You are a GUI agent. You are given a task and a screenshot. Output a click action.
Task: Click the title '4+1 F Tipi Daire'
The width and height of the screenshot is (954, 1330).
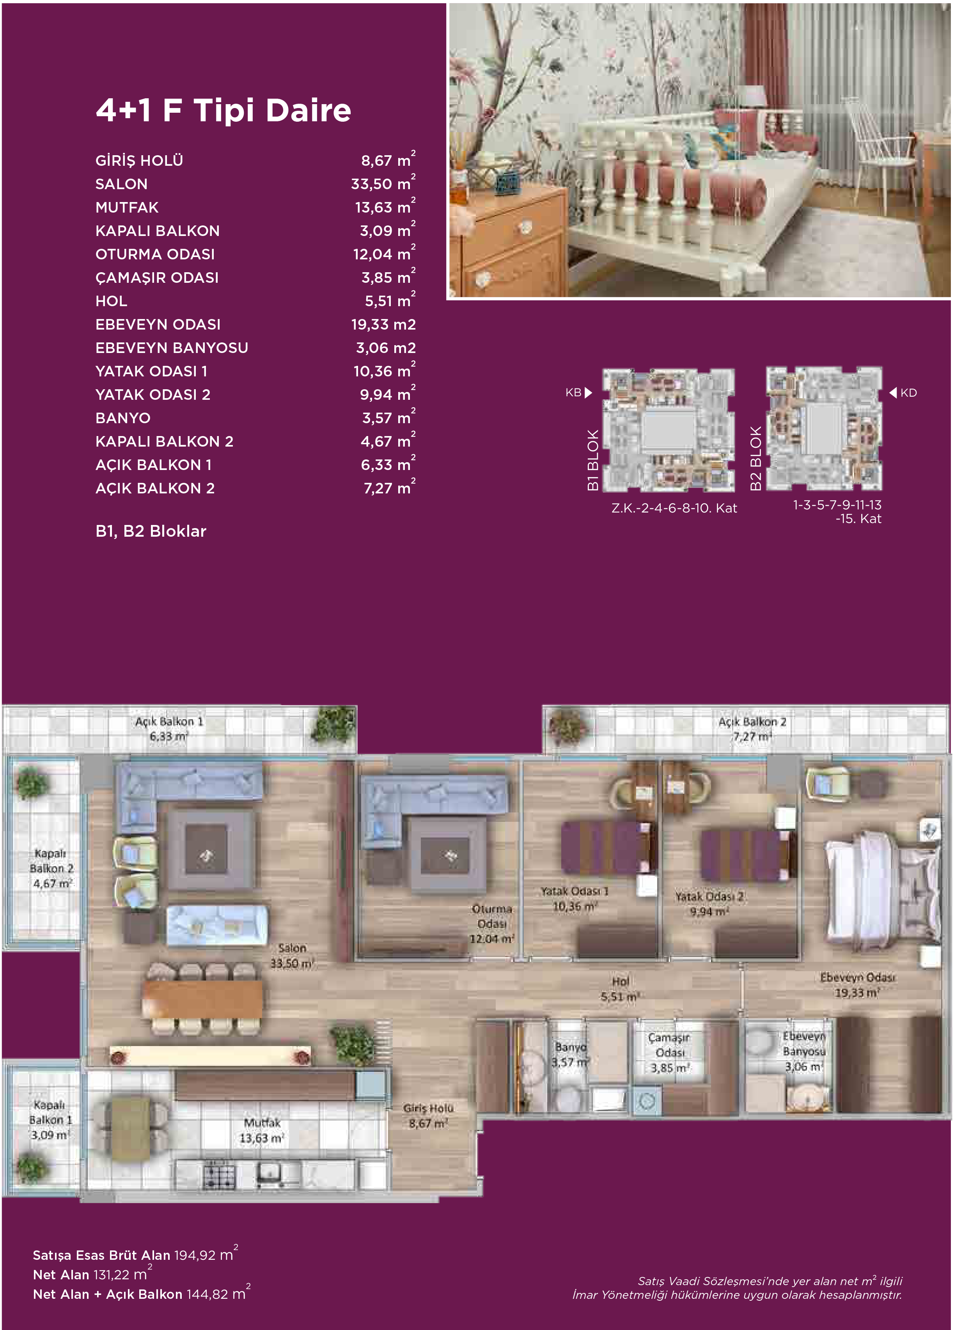pos(223,110)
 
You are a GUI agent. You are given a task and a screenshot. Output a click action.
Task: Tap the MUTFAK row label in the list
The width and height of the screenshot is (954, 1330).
pos(127,207)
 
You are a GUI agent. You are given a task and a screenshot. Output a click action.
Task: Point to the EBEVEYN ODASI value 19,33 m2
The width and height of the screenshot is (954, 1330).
pos(383,324)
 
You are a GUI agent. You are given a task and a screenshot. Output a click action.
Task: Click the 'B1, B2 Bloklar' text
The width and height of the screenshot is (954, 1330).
pos(151,531)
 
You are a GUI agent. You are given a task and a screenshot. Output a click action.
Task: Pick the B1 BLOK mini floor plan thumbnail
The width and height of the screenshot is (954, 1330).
pos(669,430)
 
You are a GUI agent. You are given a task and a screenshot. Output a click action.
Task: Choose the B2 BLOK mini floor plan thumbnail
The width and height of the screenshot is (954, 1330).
pos(824,429)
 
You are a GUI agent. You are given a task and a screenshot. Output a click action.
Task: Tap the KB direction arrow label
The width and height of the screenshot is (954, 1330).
pos(579,393)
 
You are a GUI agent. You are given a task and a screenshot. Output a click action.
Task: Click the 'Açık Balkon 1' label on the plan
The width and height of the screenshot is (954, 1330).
pos(169,722)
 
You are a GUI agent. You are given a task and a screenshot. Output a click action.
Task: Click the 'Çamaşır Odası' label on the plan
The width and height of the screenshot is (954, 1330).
pos(670,1045)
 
